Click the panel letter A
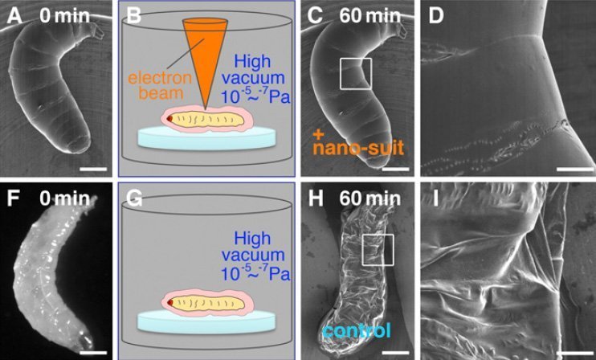click(x=14, y=16)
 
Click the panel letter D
click(x=435, y=16)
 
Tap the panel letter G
click(x=134, y=199)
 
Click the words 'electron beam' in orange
click(x=160, y=85)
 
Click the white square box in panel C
click(x=356, y=59)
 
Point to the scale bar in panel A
click(x=94, y=169)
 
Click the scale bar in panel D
click(x=575, y=169)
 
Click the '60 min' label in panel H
click(x=370, y=198)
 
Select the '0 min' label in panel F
click(x=64, y=198)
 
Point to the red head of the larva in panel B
click(x=170, y=119)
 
